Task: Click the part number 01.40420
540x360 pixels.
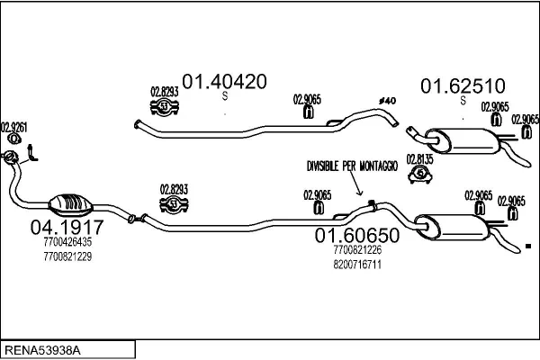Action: click(225, 81)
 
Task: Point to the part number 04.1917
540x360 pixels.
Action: click(67, 227)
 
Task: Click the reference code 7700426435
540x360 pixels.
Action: click(67, 242)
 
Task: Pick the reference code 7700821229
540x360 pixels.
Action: click(67, 256)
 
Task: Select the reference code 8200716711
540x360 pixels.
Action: click(357, 265)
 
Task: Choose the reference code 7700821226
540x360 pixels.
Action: click(357, 250)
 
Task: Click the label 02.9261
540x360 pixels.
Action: click(13, 126)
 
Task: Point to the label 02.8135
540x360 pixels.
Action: click(419, 158)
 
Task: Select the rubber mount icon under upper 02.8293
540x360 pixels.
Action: click(164, 108)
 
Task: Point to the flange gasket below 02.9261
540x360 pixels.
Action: click(13, 159)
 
